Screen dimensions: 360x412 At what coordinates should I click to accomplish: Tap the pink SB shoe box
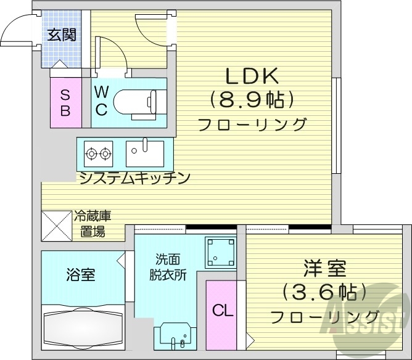coord(65,103)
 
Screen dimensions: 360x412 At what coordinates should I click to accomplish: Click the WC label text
coord(102,101)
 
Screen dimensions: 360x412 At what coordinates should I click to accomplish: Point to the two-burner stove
coord(99,152)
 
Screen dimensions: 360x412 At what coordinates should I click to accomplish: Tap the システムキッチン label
coord(134,178)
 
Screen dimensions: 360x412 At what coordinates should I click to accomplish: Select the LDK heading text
coord(252,76)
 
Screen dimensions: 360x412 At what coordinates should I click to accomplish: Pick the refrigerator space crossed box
coord(57,227)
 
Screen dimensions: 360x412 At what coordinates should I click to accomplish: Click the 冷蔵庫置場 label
coord(93,224)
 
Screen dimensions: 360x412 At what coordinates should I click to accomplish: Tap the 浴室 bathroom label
coord(81,275)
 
